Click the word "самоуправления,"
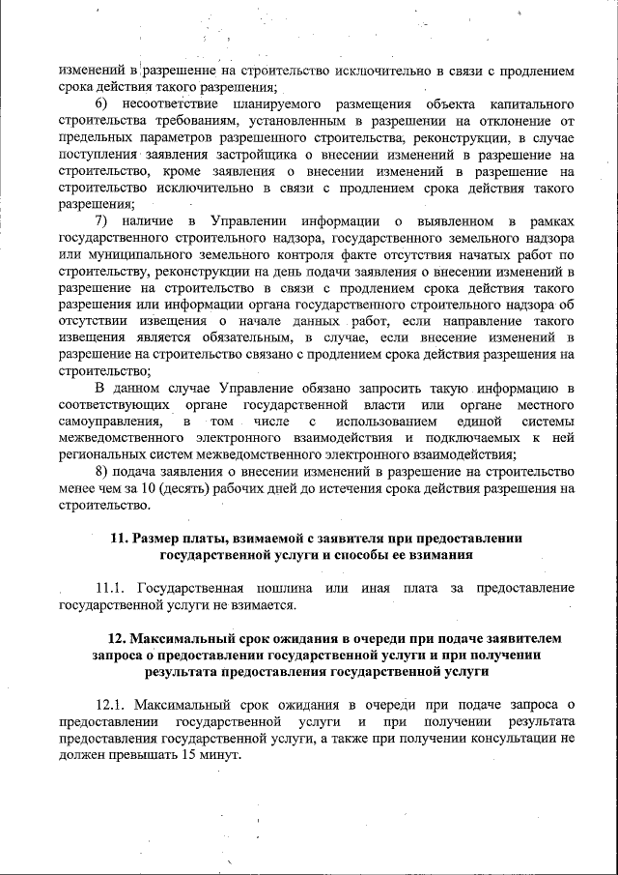click(x=109, y=423)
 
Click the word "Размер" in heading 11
click(x=160, y=539)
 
